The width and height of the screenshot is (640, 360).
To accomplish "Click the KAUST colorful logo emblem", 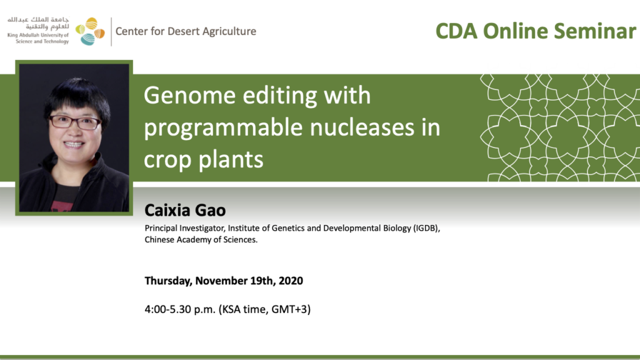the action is (x=90, y=31).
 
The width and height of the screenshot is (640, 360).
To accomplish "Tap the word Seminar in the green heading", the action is (x=595, y=31).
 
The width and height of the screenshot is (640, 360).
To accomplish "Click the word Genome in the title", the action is (x=190, y=96).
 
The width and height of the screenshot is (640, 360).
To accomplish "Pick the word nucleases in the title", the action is (x=359, y=127).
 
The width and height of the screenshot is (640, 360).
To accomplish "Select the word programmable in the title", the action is (x=224, y=128).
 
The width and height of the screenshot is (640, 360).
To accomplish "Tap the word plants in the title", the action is (x=231, y=159).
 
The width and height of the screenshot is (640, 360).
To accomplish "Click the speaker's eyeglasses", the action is (x=75, y=122).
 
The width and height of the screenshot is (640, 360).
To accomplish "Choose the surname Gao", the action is (x=210, y=210).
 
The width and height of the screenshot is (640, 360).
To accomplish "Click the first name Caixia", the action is (x=167, y=210).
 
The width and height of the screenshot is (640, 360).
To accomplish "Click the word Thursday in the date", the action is (x=168, y=281).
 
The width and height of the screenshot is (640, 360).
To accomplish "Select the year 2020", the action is (x=291, y=281).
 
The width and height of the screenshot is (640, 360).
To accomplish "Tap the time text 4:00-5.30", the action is (x=167, y=309).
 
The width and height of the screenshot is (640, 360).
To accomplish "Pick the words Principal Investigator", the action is (x=185, y=229).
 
